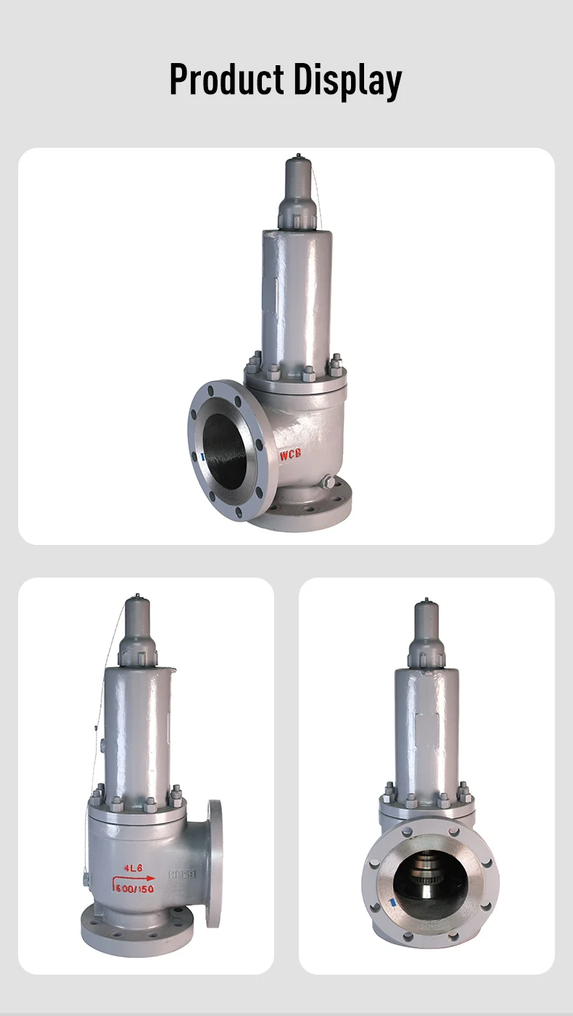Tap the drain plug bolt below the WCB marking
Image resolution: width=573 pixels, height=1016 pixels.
[326, 482]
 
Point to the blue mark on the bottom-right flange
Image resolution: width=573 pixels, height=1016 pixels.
[391, 904]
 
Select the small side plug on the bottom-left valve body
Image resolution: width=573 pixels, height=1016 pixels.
[86, 879]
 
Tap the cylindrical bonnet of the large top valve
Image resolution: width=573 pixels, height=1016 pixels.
[297, 297]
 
